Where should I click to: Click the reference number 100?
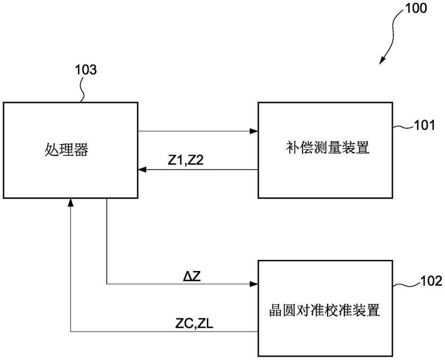(416, 8)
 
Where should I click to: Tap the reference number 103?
(86, 70)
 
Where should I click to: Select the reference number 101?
(424, 125)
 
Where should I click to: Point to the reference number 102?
(431, 281)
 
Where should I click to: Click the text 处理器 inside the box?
(66, 149)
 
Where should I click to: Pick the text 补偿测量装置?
(328, 148)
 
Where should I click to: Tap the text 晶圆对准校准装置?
(324, 310)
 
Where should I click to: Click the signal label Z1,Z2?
(186, 161)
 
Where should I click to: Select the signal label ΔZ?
(192, 276)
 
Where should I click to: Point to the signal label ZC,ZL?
(194, 323)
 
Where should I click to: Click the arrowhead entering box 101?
(254, 131)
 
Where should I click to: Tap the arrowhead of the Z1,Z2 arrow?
(142, 170)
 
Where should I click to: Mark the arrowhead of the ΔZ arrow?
(254, 284)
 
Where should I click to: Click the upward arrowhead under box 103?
(71, 203)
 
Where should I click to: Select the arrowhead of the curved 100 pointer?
(382, 60)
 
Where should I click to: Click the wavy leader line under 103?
(82, 89)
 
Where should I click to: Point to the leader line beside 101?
(403, 127)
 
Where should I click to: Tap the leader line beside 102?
(406, 284)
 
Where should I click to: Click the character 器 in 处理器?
(81, 149)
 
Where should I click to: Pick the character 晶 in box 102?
(275, 310)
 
